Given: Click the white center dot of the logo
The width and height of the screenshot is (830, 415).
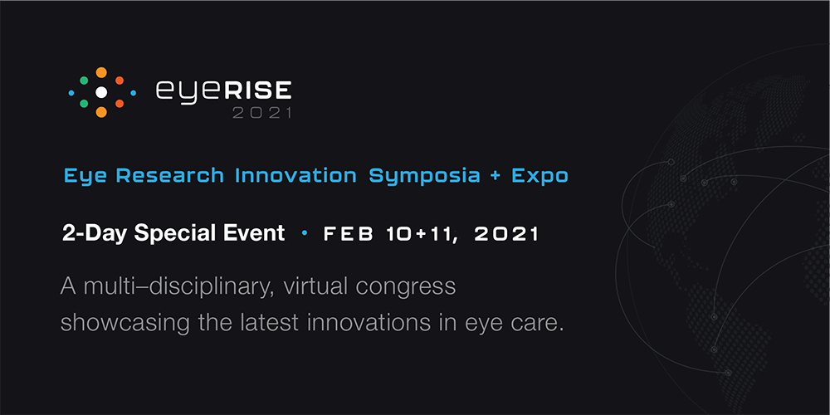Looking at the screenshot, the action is point(101,93).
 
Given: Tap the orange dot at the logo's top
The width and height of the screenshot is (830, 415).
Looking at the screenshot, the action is point(101,72).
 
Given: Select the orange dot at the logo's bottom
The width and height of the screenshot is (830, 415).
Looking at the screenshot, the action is point(101,112).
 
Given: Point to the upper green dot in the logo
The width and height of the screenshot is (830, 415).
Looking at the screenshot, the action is point(84,81).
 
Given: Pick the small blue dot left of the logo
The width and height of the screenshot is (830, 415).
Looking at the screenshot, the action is point(71,93).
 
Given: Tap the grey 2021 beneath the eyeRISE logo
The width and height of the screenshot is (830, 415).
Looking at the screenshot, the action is point(262,112).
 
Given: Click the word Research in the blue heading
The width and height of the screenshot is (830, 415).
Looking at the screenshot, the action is point(169,176).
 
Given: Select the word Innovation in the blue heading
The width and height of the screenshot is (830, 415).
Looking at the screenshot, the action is point(295,176).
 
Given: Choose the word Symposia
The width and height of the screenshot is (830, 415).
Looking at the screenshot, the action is point(424,177).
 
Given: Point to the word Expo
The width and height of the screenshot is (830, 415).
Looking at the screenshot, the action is point(539,177).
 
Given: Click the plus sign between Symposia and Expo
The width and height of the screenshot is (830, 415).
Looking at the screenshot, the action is point(496,176).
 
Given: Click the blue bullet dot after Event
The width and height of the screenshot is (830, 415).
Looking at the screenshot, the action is point(304,233).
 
